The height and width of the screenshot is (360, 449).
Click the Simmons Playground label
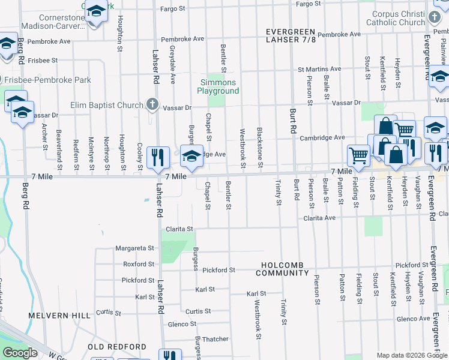point(218,86)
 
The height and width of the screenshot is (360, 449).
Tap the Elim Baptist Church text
point(115,106)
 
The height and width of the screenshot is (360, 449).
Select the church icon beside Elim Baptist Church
point(152,105)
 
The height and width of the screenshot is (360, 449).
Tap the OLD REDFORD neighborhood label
point(117,347)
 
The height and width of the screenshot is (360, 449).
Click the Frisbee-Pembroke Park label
point(48,80)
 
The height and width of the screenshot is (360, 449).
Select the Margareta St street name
point(135,248)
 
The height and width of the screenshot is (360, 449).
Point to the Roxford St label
point(139,264)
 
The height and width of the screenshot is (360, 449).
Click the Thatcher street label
point(215,339)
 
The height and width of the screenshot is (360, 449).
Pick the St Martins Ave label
point(319,69)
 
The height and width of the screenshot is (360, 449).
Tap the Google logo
point(20,353)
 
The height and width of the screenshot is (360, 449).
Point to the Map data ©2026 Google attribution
point(411,355)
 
